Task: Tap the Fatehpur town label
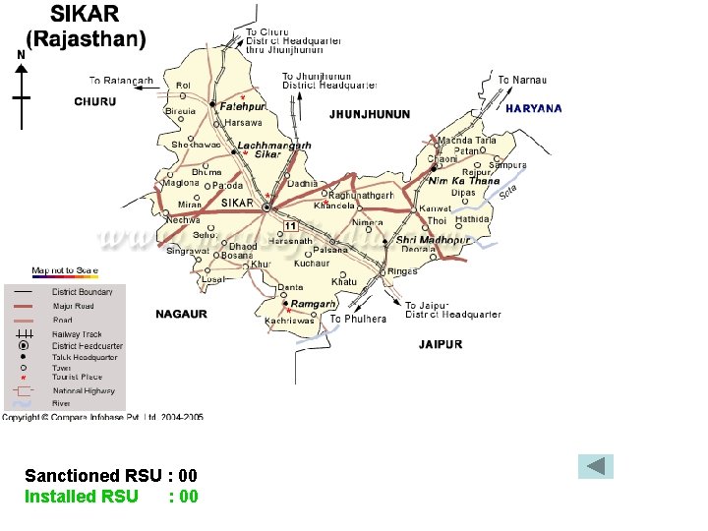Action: (242, 105)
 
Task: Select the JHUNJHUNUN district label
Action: (370, 114)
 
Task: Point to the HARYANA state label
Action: (534, 109)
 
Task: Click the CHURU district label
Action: (95, 101)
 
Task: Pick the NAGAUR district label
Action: (181, 314)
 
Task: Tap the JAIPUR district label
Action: (441, 344)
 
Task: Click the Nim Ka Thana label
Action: (464, 181)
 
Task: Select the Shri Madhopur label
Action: (433, 240)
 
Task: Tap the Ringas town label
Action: (402, 271)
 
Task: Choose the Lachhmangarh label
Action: (274, 146)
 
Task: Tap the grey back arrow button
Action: (595, 466)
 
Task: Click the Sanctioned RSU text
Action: (111, 476)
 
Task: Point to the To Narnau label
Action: (522, 80)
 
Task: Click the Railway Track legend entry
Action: (77, 334)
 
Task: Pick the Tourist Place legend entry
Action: (77, 377)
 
